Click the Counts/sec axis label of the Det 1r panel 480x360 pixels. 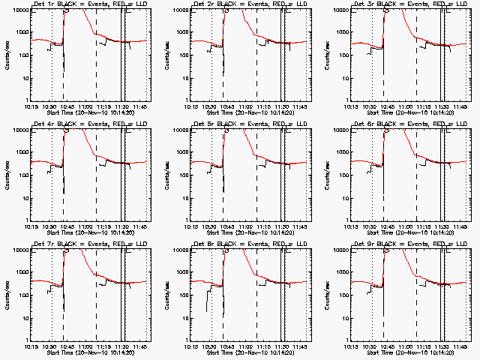coord(6,55)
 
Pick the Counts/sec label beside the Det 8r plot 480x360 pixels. coord(166,295)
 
